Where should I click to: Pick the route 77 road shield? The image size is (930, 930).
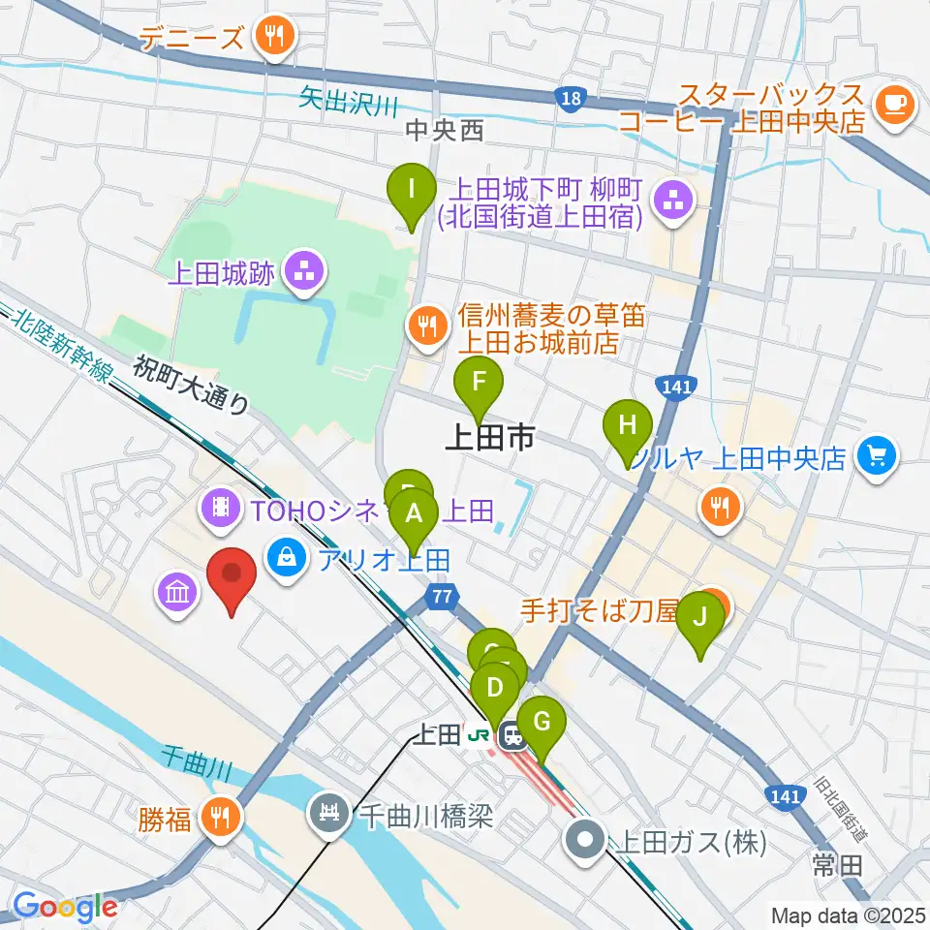click(443, 598)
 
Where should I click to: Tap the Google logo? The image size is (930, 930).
click(65, 907)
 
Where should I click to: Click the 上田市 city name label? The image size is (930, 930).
click(488, 439)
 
